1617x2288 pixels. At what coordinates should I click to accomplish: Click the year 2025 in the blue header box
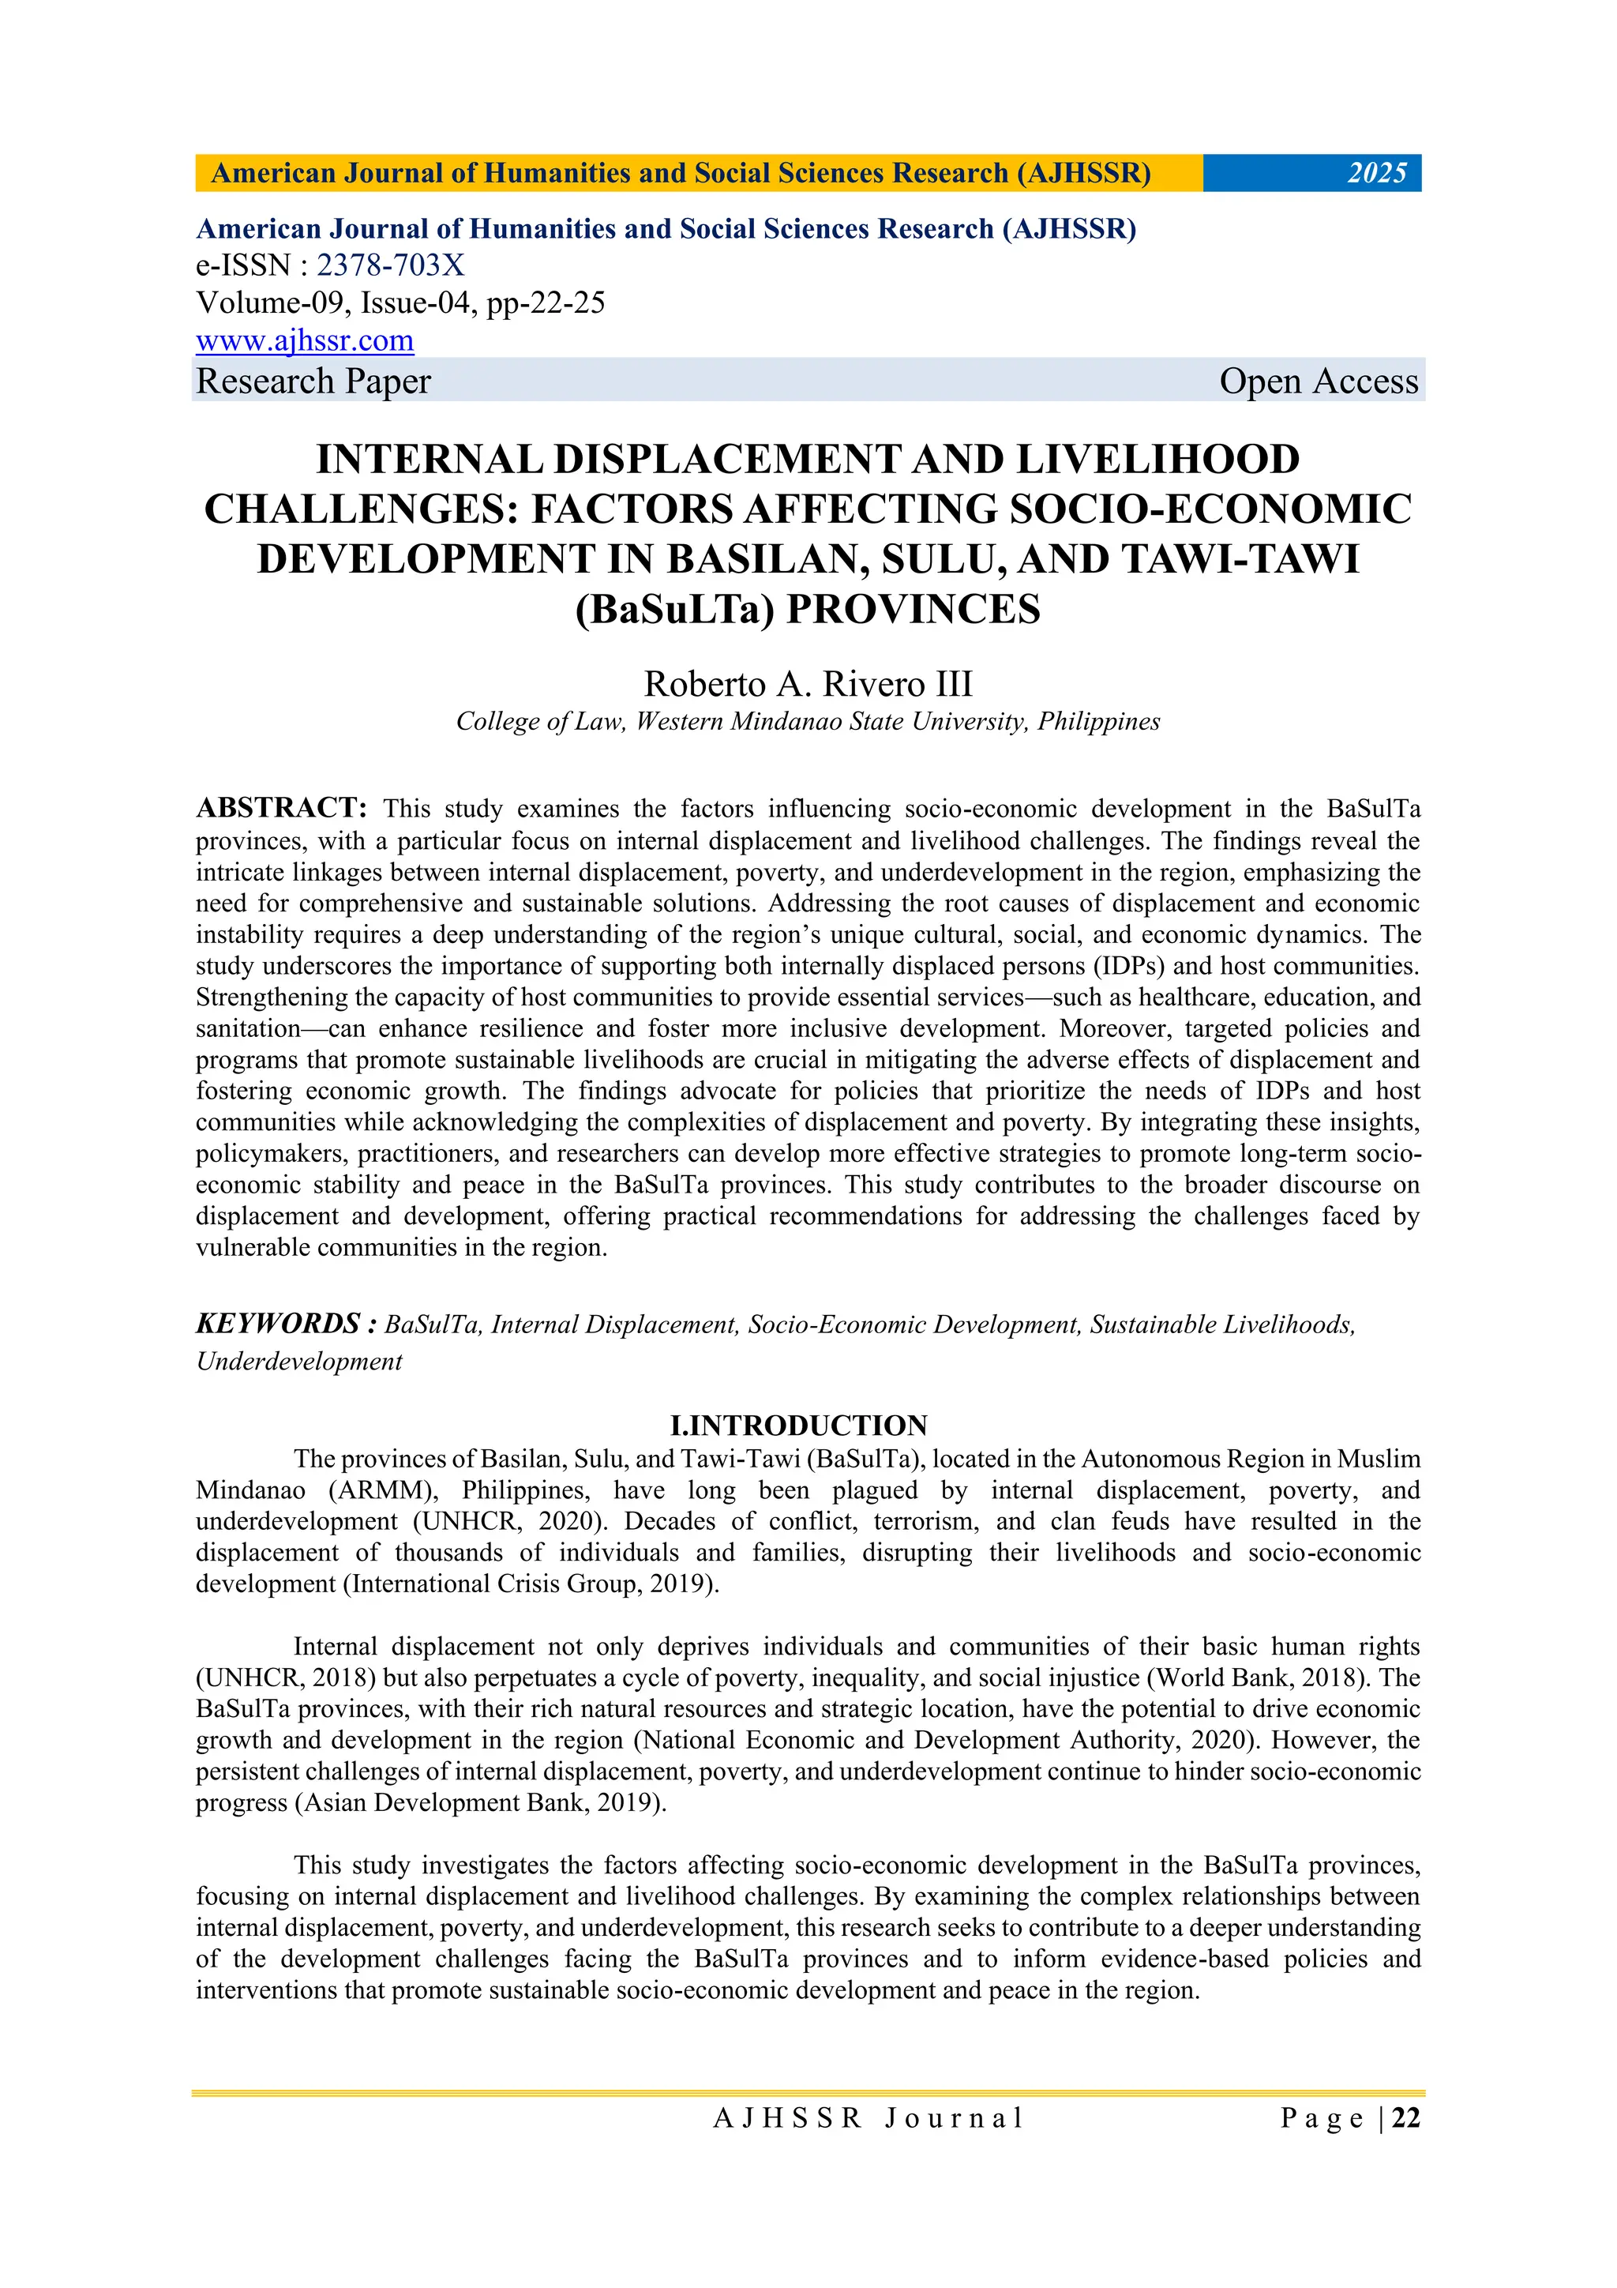1376,174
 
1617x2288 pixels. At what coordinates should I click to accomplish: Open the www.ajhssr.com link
305,341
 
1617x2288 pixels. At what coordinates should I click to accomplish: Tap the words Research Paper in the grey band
313,381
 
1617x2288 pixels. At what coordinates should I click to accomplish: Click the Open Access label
1318,381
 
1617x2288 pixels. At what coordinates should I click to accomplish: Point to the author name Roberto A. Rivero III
808,684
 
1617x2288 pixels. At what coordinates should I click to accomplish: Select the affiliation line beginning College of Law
808,722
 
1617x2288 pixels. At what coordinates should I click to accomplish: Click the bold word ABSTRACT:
282,807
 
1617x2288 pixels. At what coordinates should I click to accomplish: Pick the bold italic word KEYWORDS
278,1324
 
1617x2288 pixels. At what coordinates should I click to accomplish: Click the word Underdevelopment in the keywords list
299,1362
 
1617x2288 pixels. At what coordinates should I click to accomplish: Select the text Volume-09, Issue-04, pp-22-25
400,303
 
